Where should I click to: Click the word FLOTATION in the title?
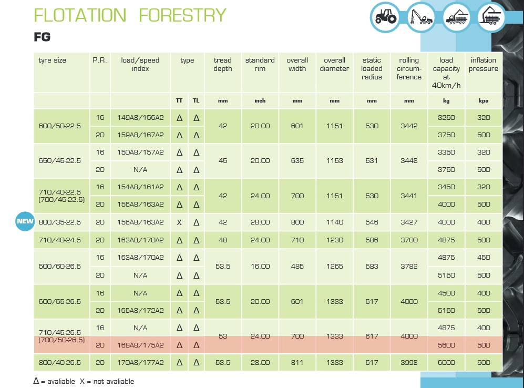coord(80,15)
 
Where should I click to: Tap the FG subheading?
coord(42,37)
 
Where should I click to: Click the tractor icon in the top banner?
coord(385,17)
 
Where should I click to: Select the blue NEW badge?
coord(25,221)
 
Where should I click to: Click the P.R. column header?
coord(99,60)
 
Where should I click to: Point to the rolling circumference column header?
coord(409,68)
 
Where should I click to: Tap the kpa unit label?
coord(484,100)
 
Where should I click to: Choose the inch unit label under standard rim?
coord(260,100)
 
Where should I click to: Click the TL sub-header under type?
coord(196,100)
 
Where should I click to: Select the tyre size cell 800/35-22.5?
coord(60,222)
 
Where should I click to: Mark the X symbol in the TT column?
coord(179,222)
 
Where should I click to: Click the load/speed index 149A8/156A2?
coord(140,118)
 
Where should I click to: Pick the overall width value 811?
coord(297,363)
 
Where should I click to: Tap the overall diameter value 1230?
coord(334,240)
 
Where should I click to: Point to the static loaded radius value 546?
coord(372,222)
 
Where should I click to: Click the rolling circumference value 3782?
coord(409,267)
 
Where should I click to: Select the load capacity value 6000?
coord(446,363)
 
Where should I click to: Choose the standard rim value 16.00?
coord(260,267)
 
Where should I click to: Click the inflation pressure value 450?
coord(484,257)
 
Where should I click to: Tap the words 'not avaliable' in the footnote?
coord(114,381)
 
